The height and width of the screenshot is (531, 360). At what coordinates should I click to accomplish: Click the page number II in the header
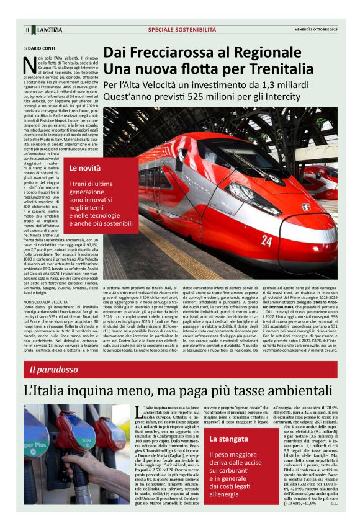[x=27, y=30]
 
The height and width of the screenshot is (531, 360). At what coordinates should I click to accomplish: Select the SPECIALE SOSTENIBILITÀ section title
[x=182, y=29]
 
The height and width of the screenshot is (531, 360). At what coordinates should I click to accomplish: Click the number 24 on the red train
[x=266, y=241]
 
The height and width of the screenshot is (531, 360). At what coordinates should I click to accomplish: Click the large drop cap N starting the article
[x=27, y=63]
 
